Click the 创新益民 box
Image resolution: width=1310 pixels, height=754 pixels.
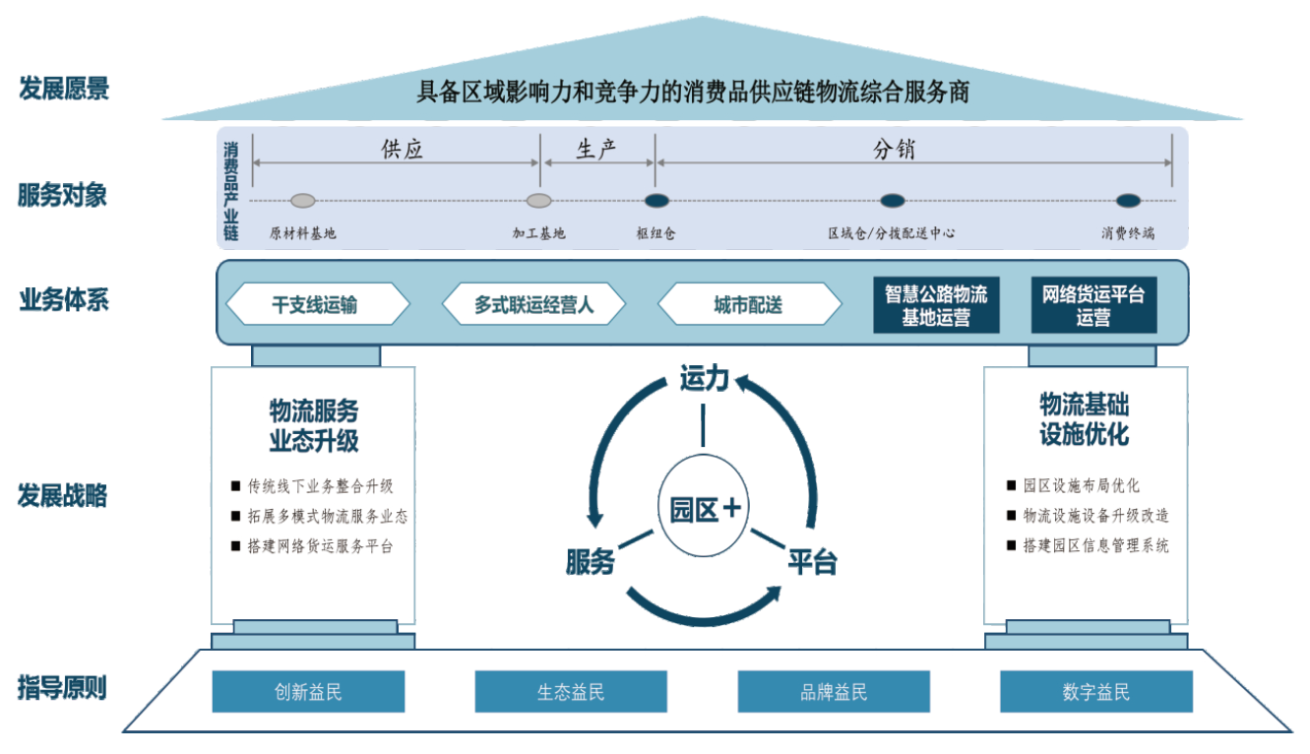308,692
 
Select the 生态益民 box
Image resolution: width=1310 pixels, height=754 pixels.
571,692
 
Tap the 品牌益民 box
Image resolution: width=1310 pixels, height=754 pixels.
834,692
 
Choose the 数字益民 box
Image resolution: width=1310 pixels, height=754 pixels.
1095,692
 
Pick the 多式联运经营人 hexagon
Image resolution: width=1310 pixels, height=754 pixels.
533,305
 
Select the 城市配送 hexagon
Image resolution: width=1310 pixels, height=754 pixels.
749,305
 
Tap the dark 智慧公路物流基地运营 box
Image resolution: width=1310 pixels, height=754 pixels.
936,305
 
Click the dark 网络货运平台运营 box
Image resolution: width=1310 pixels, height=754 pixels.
1093,305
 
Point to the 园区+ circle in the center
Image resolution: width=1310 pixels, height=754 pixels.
703,509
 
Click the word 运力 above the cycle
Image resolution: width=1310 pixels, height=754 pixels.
704,377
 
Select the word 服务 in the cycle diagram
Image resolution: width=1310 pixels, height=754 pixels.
591,561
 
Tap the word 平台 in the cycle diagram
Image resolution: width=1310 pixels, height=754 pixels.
812,561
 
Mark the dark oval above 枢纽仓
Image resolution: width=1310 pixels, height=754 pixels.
656,201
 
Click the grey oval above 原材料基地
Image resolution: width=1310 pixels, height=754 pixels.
303,201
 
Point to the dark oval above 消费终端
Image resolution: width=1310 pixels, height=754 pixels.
1128,201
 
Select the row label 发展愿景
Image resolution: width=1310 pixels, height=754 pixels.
64,89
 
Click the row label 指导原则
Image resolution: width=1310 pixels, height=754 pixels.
62,687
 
